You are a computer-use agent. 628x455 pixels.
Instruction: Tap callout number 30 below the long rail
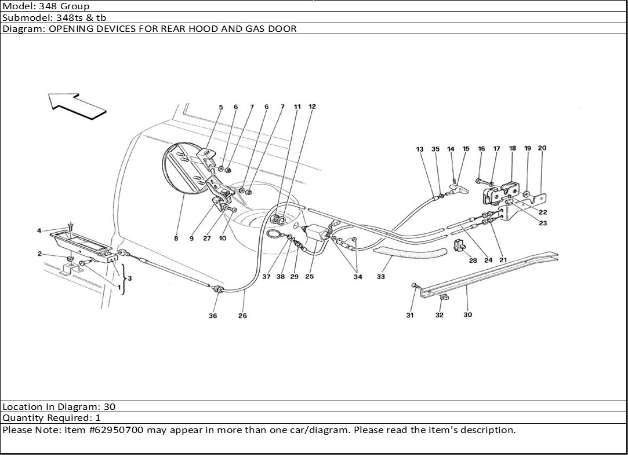467,315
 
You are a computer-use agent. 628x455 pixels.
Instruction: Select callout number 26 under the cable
242,316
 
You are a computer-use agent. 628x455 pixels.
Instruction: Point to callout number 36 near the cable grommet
213,316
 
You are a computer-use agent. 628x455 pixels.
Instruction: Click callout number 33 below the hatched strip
381,277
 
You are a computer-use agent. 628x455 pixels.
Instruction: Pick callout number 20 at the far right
542,148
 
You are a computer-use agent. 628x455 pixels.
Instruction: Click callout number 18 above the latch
513,149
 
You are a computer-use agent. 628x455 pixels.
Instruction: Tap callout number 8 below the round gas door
176,238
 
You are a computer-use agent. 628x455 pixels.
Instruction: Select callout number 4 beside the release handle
39,231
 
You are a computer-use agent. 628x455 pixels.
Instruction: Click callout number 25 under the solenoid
309,277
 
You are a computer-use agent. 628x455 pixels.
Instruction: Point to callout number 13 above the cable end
420,149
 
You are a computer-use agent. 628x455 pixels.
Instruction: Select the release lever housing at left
81,247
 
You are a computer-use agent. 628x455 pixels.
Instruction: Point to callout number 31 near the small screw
410,315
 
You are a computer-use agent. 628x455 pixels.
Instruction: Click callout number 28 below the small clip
473,260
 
